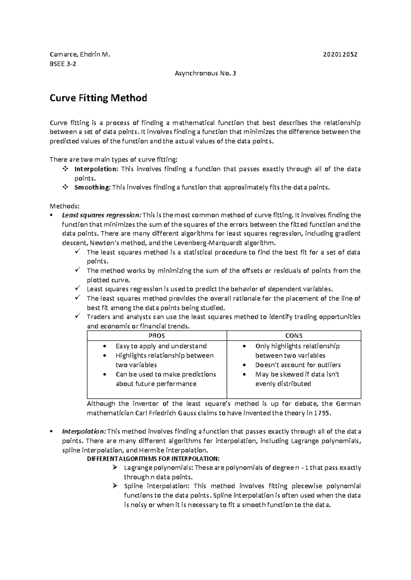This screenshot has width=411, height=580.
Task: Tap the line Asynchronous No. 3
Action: (205, 73)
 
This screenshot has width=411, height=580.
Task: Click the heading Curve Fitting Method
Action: (99, 98)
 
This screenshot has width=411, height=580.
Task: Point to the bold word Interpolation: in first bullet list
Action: (96, 169)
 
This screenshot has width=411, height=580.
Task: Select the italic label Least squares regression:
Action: (101, 215)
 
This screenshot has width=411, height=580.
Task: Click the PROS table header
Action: (157, 336)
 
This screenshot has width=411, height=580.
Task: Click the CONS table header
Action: (294, 336)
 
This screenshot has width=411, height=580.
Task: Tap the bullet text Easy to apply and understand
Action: (161, 346)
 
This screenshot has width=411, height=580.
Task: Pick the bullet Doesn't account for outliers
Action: (298, 365)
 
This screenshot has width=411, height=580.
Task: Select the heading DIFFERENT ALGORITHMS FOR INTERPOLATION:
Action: (153, 459)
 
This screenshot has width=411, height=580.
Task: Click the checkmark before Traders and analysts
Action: (77, 316)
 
